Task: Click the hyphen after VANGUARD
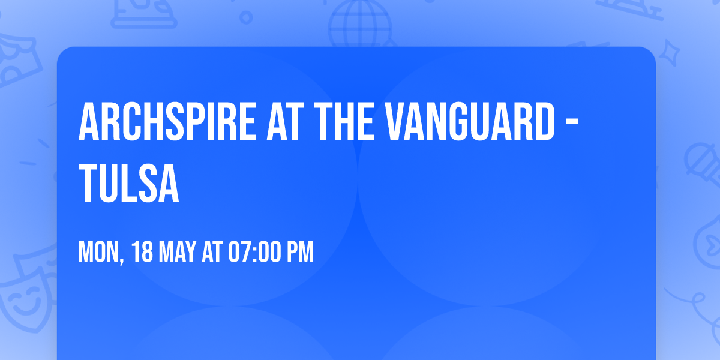click(x=572, y=123)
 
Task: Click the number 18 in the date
click(x=142, y=252)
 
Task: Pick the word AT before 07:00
click(x=212, y=252)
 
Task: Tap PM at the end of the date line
click(x=301, y=252)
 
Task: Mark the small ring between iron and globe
click(x=246, y=17)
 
